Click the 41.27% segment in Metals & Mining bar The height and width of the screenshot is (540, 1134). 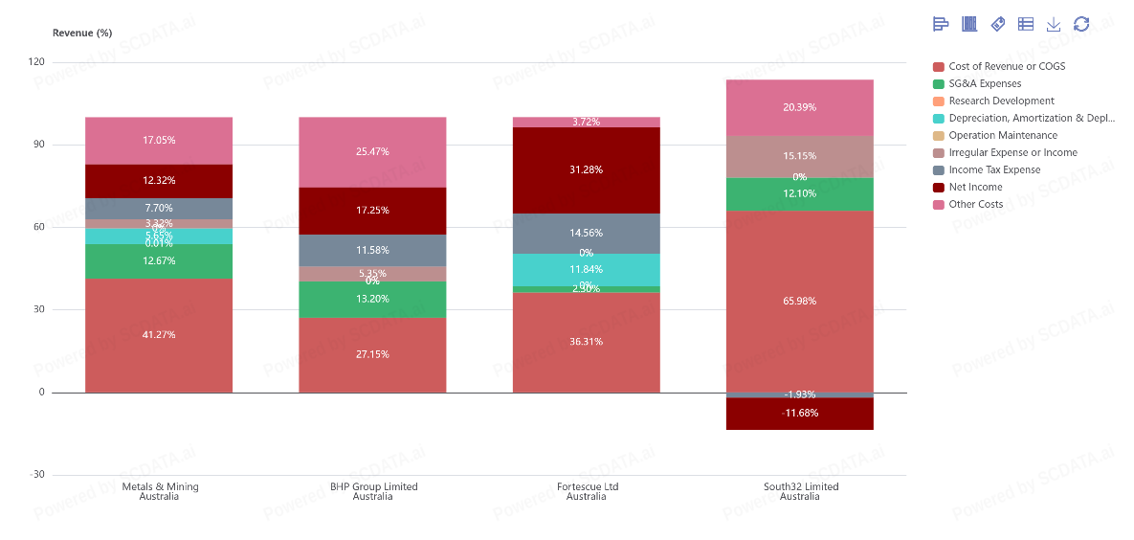159,335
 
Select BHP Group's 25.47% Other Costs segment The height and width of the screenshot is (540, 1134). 372,151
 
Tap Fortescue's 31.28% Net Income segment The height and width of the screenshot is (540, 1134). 586,169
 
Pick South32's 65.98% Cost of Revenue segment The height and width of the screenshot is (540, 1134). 799,301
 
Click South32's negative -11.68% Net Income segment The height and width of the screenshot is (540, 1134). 799,414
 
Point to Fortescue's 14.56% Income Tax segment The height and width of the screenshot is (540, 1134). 586,233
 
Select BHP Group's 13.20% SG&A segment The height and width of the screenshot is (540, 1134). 372,299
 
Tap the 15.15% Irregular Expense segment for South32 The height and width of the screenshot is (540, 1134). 799,156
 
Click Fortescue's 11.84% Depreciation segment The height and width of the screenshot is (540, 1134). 586,269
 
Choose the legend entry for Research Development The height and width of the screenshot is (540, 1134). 1001,101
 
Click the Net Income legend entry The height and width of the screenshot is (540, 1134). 975,187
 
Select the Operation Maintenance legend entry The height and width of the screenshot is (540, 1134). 1003,135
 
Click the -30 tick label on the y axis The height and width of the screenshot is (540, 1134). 35,475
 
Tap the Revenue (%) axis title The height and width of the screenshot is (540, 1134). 82,33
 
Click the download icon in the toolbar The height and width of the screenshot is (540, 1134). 1054,24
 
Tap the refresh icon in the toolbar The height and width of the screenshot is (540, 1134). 1081,24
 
